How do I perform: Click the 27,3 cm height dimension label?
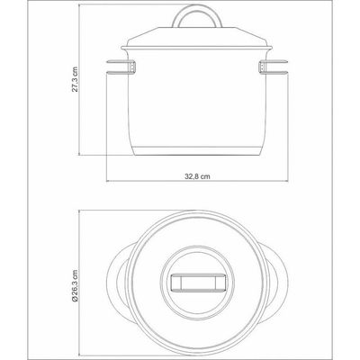pos(75,79)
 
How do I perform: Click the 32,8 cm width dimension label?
pos(197,176)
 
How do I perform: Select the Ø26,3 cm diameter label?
pos(75,285)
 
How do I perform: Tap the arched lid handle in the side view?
pos(197,11)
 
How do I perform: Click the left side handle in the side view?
pos(119,67)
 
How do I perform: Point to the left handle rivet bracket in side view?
pos(133,67)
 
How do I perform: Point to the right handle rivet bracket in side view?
pos(261,67)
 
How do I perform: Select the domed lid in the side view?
pos(197,37)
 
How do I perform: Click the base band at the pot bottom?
pos(197,151)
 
